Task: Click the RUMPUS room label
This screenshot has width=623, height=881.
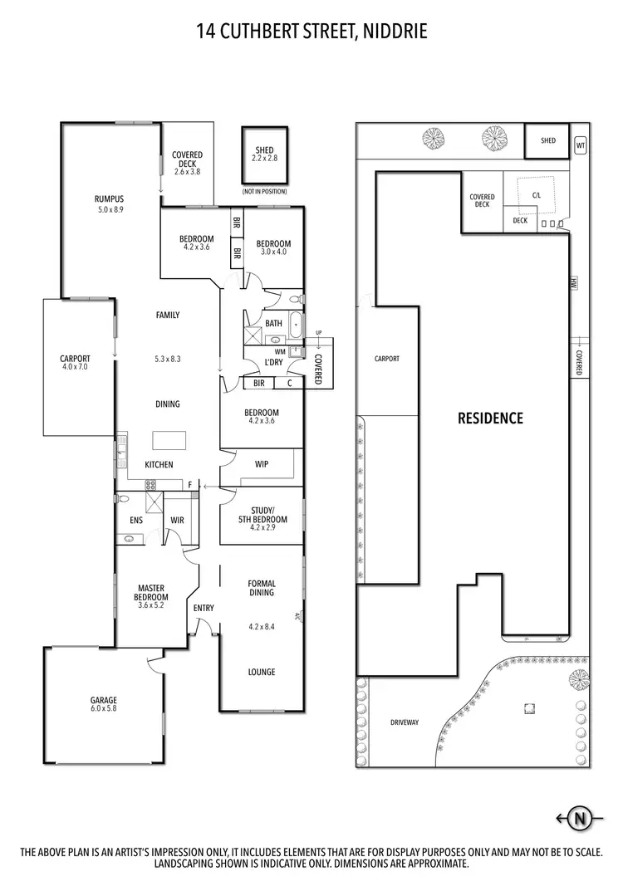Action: coord(109,199)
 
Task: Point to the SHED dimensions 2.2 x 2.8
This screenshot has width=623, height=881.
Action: coord(264,159)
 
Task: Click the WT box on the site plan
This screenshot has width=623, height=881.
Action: coord(581,145)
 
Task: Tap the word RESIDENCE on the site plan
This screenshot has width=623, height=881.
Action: coord(491,418)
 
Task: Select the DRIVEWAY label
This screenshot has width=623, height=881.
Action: coord(405,722)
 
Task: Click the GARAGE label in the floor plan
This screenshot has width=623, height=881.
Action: coord(105,700)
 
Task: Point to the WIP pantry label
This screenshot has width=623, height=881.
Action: coord(261,465)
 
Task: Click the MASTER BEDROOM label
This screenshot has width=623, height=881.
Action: coord(153,593)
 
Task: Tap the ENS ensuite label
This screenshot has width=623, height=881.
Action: coord(136,521)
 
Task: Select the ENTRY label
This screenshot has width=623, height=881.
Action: coord(204,608)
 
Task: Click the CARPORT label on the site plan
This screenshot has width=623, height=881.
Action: coord(387,359)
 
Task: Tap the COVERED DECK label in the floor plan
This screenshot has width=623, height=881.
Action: coord(187,159)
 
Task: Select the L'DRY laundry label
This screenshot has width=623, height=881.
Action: coord(273,364)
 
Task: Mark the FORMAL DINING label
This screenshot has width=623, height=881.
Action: coord(262,589)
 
